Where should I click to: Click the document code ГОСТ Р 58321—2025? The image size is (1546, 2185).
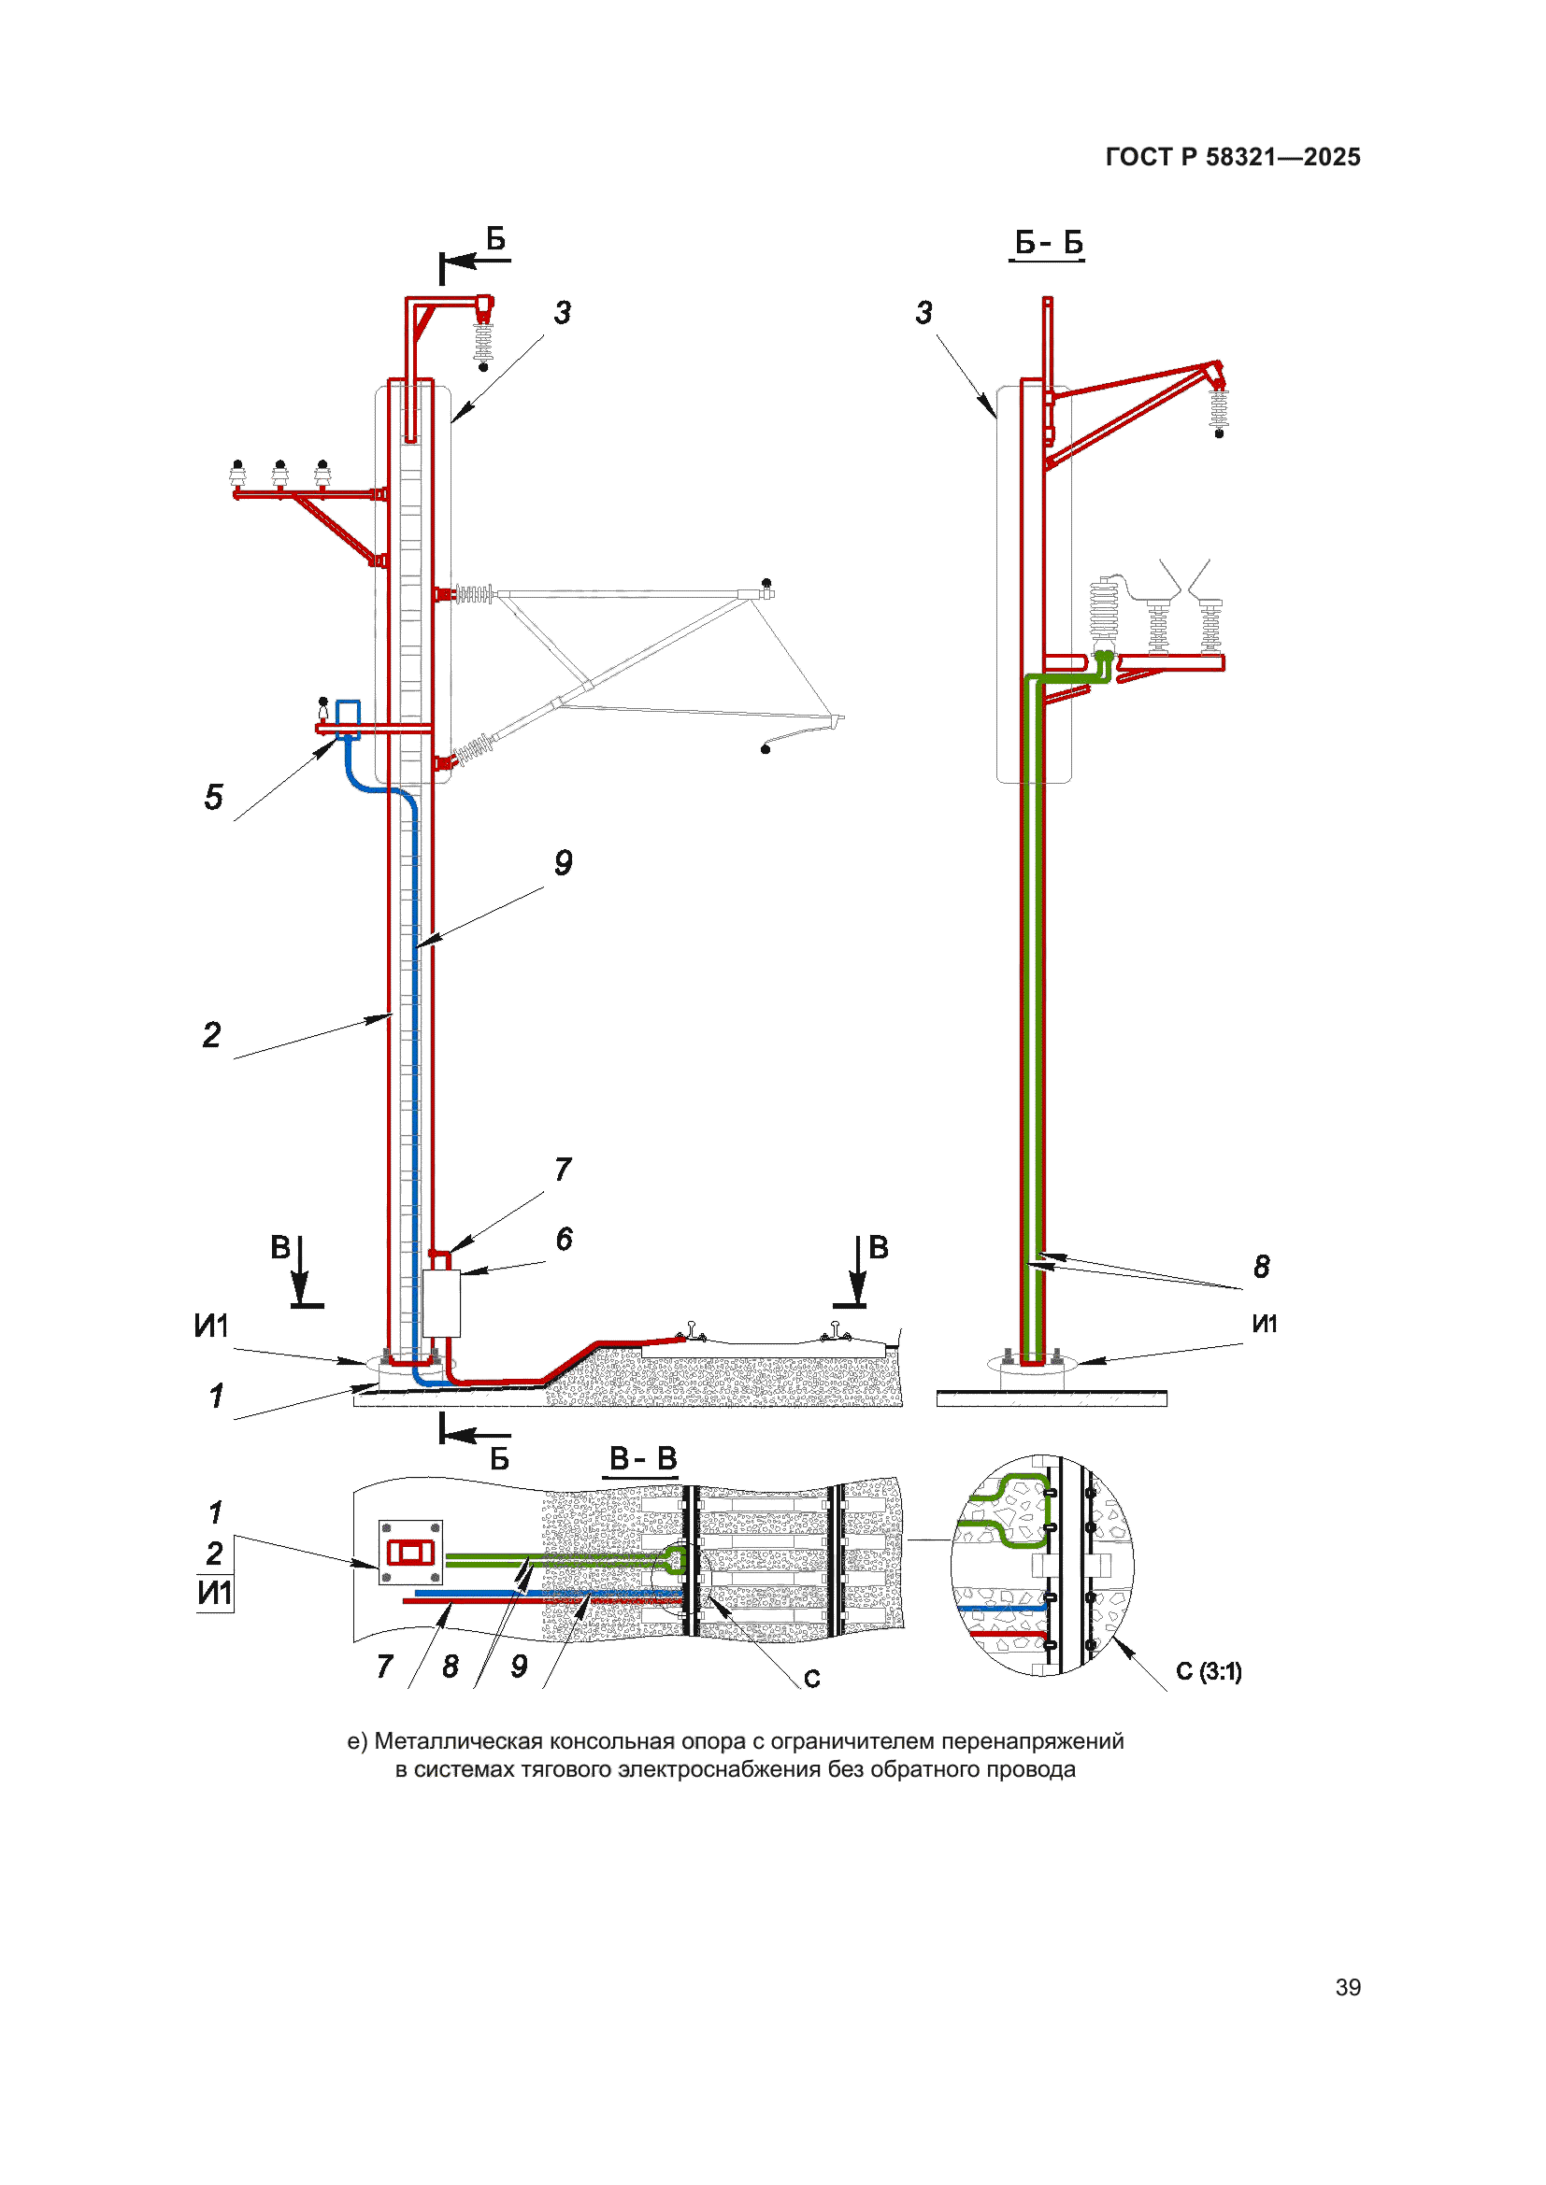pyautogui.click(x=1232, y=157)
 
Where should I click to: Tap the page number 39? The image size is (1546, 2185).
pyautogui.click(x=1347, y=1987)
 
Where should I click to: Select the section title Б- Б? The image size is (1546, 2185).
pyautogui.click(x=1048, y=243)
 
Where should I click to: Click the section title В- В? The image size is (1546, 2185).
pyautogui.click(x=642, y=1458)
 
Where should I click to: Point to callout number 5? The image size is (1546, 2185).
pyautogui.click(x=214, y=797)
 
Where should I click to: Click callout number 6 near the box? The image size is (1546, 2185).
pyautogui.click(x=564, y=1239)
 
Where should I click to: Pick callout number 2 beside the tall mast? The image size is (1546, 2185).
pyautogui.click(x=211, y=1034)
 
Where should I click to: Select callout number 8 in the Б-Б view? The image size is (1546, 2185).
pyautogui.click(x=1261, y=1267)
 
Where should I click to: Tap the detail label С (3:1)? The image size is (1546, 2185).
pyautogui.click(x=1208, y=1671)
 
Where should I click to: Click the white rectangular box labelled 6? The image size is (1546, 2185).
pyautogui.click(x=441, y=1303)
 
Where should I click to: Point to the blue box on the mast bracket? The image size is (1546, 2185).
pyautogui.click(x=349, y=717)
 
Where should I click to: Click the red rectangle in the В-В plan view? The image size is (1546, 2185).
pyautogui.click(x=410, y=1554)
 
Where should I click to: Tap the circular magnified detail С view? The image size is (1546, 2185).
pyautogui.click(x=1041, y=1566)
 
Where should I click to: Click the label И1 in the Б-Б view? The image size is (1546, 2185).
pyautogui.click(x=1265, y=1323)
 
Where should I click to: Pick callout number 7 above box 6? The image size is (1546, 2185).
pyautogui.click(x=564, y=1169)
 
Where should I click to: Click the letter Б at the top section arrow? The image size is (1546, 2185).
pyautogui.click(x=495, y=238)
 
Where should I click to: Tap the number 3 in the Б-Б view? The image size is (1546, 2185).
pyautogui.click(x=923, y=312)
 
